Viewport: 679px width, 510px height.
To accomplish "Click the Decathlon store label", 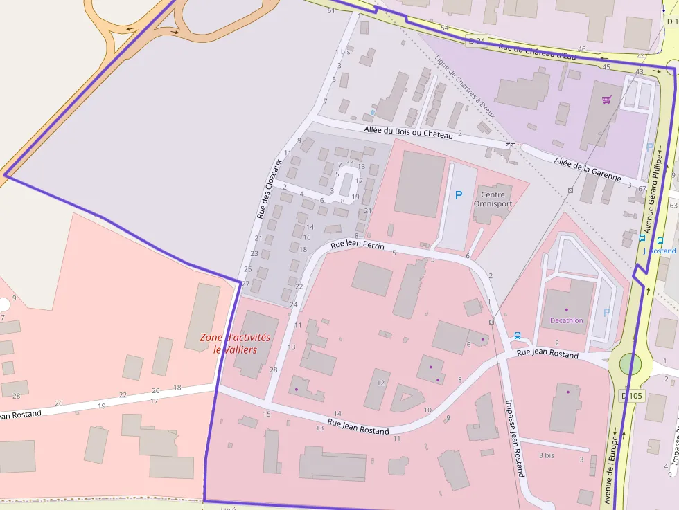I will [567, 320].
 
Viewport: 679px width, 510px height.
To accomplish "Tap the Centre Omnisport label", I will [493, 199].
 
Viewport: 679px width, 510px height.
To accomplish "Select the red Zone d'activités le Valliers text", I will [235, 343].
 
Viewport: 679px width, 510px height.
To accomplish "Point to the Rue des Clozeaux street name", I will [270, 189].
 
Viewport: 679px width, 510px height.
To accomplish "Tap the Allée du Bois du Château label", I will [408, 131].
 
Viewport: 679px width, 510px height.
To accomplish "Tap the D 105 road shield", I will [633, 395].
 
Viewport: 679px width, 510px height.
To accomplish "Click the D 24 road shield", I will [475, 41].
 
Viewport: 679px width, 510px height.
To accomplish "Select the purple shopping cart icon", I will [607, 100].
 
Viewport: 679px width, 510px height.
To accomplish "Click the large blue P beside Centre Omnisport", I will [458, 196].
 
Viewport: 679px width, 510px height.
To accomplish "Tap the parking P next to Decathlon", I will [607, 313].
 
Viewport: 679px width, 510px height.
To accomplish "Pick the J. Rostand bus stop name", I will [659, 251].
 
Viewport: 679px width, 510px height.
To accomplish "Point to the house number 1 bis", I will [342, 52].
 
